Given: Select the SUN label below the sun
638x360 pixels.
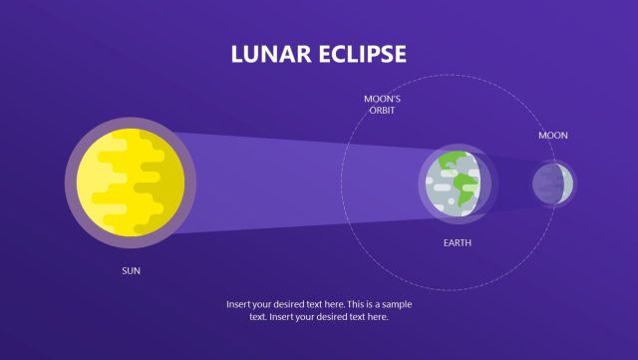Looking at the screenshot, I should point(132,270).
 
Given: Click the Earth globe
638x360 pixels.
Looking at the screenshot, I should point(455,181).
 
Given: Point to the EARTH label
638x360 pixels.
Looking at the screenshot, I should point(458,242).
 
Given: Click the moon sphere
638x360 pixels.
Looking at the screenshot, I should point(551,182).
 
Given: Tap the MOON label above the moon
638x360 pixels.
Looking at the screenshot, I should point(553,135).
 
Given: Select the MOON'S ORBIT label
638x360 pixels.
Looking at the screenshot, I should point(381,105).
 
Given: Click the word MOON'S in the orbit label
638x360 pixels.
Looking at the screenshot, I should point(381,99).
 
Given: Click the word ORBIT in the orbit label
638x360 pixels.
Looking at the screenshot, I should point(381,111).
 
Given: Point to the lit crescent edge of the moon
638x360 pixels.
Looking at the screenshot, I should point(567,182).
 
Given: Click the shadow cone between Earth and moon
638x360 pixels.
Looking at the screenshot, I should point(508,182).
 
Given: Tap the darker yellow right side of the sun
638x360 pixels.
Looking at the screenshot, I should point(171,184).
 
